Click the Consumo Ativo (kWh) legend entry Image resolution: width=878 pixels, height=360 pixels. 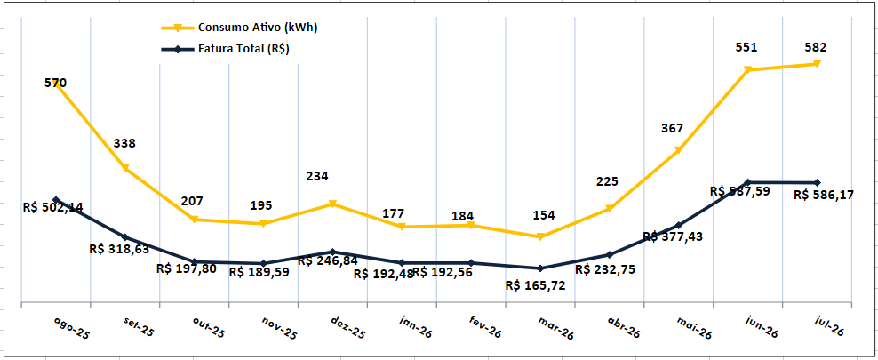[240, 28]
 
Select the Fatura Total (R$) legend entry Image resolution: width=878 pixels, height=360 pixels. [225, 49]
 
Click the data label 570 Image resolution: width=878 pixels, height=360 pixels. [55, 84]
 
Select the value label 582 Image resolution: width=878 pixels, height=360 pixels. [815, 47]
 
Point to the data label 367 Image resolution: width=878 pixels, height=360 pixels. [672, 128]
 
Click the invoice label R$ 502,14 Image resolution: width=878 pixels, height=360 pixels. [53, 206]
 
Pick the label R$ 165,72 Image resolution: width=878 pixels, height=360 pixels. [535, 285]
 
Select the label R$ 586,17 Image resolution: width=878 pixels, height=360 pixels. [824, 196]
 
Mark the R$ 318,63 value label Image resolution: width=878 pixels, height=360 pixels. [119, 247]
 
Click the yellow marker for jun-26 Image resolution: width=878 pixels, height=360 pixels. [747, 69]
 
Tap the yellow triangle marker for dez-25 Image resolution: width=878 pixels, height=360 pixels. [332, 204]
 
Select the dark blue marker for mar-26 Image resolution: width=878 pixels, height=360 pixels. [539, 268]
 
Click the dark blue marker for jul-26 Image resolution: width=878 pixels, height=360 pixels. [817, 182]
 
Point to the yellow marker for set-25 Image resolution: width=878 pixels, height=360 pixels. [125, 168]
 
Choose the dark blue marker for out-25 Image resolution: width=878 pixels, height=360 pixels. [195, 261]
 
